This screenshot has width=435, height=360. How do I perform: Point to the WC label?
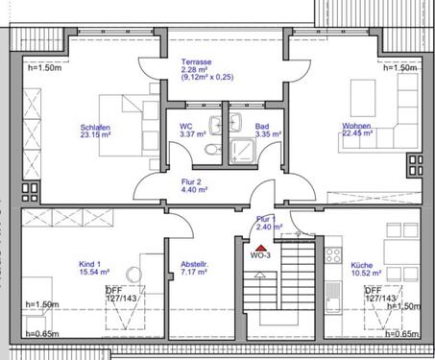186,126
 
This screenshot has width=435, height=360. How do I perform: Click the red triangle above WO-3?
259,248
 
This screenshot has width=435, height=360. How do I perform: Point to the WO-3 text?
260,256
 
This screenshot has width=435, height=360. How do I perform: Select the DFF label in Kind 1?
113,289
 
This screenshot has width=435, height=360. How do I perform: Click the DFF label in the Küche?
373,289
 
